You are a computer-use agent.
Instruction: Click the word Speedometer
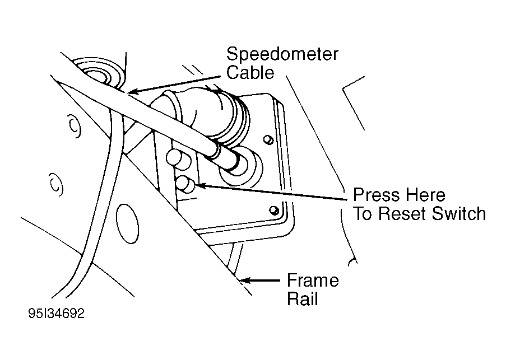(282, 55)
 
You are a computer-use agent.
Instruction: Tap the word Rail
(303, 298)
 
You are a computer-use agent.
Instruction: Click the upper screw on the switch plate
(268, 138)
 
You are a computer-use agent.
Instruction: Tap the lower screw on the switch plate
(273, 210)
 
